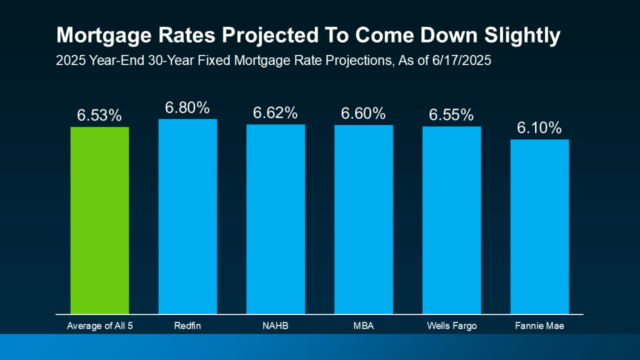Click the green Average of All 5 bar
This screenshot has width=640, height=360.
click(99, 219)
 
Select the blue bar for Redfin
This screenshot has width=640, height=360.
click(187, 216)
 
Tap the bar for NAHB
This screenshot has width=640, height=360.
click(276, 218)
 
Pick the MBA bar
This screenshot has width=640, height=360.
click(364, 219)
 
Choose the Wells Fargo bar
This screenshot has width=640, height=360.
click(452, 219)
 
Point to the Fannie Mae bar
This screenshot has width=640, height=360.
click(540, 226)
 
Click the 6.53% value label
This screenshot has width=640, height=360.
click(99, 116)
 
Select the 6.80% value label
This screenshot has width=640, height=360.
click(187, 107)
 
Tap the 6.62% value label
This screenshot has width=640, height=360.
click(276, 113)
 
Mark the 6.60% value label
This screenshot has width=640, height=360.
click(364, 114)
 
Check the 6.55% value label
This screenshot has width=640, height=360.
click(452, 115)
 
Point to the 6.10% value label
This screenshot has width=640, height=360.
click(540, 128)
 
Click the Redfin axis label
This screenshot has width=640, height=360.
click(187, 325)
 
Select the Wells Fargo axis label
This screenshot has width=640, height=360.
click(452, 325)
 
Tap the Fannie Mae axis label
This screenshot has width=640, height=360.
click(540, 325)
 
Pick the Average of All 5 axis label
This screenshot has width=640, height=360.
click(99, 325)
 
